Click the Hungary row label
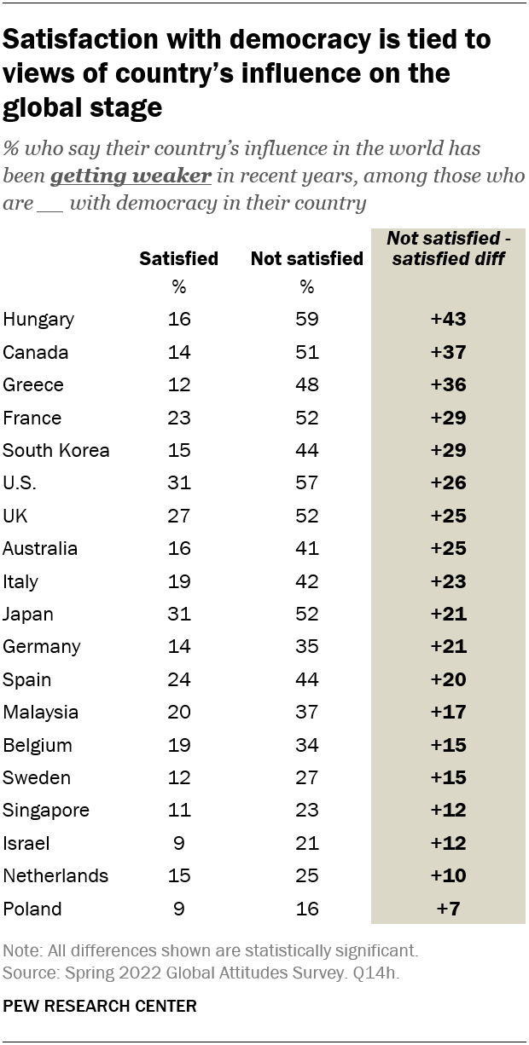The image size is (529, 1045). [x=38, y=320]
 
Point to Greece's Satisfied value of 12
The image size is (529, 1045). [x=179, y=384]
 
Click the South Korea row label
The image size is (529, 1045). [x=56, y=450]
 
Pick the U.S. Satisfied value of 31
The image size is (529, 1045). [x=179, y=483]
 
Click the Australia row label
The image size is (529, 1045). [x=40, y=549]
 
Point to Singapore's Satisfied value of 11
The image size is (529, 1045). [x=179, y=811]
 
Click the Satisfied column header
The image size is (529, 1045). [x=179, y=258]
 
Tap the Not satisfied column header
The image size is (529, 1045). [x=306, y=258]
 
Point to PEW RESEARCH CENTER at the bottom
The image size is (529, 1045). [x=100, y=1007]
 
